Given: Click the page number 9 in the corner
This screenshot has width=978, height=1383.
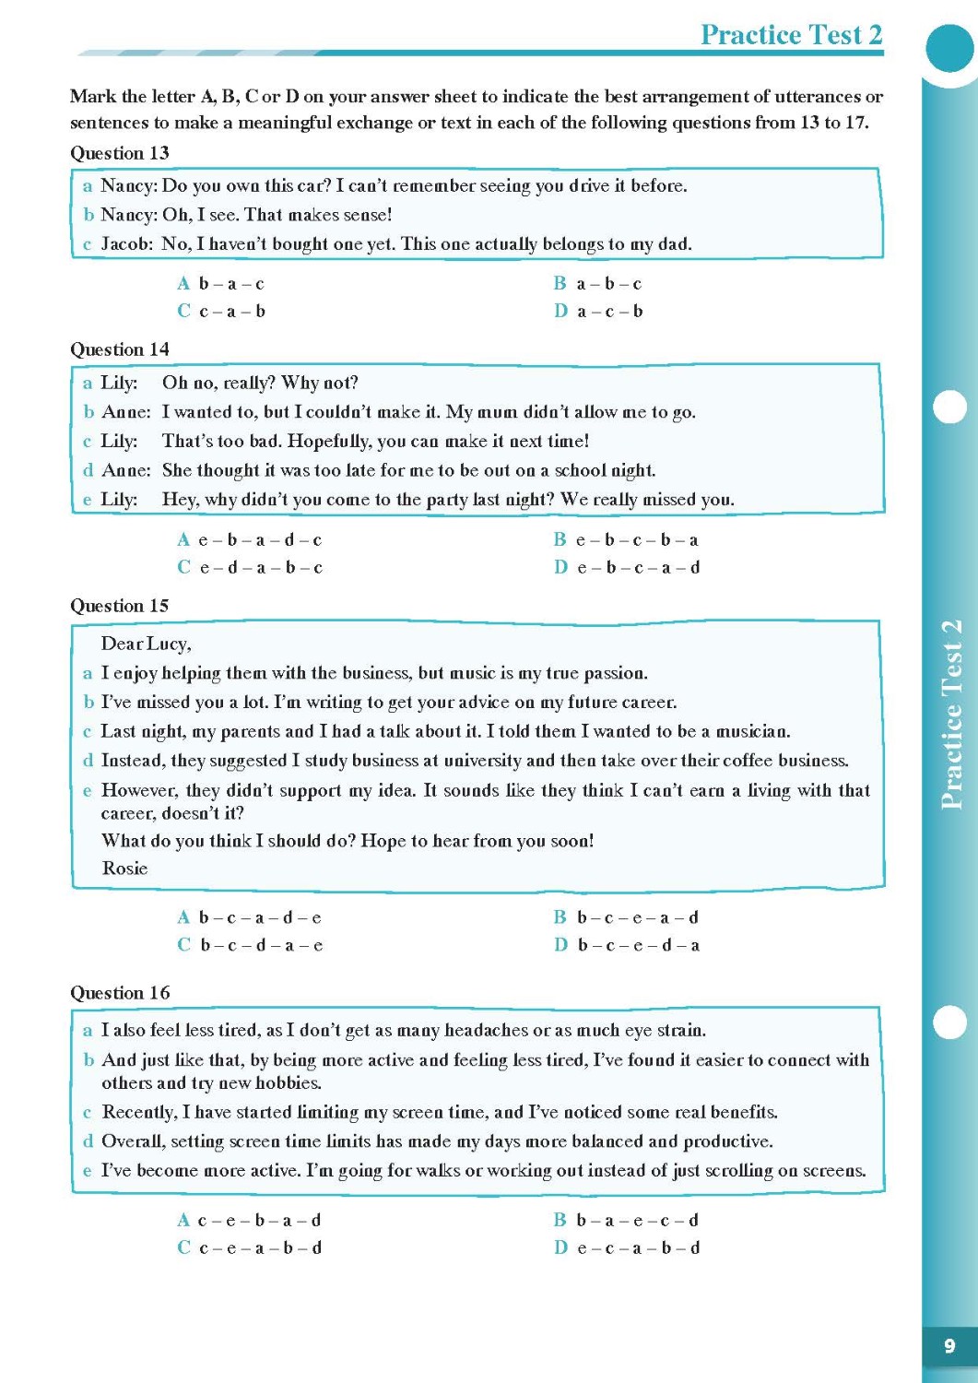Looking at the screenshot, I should pos(949,1346).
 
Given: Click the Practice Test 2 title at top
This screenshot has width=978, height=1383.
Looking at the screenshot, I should pos(791,35).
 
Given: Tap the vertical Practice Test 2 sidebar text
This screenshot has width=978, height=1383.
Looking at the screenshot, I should pos(951,715).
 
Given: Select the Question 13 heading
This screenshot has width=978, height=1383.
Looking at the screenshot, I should pos(120,153).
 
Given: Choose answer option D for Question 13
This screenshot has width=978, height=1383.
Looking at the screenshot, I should pos(598,312).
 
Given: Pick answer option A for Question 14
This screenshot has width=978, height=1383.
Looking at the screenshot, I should pos(250,540).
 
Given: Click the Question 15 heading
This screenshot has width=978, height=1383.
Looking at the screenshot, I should pos(120,606).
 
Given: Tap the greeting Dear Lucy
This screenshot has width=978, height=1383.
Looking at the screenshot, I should pos(146,644).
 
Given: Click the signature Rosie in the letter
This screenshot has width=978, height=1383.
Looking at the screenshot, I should pos(124,869).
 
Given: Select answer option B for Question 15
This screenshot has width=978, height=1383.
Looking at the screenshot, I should pos(627,917).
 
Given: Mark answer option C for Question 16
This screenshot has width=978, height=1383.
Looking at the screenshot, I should pos(250,1248).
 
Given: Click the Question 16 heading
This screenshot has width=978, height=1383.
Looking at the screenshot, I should pos(120,993).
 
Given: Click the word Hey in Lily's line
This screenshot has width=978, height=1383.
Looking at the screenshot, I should pos(178,500).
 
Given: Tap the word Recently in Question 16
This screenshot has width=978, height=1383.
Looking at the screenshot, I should pos(138,1113).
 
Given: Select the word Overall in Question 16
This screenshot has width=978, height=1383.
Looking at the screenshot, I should pos(133,1141).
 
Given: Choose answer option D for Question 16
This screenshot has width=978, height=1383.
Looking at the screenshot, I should pos(627,1248).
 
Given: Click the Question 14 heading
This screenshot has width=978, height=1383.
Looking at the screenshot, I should pos(120,349).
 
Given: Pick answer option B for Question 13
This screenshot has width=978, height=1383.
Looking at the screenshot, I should pos(598,284).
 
